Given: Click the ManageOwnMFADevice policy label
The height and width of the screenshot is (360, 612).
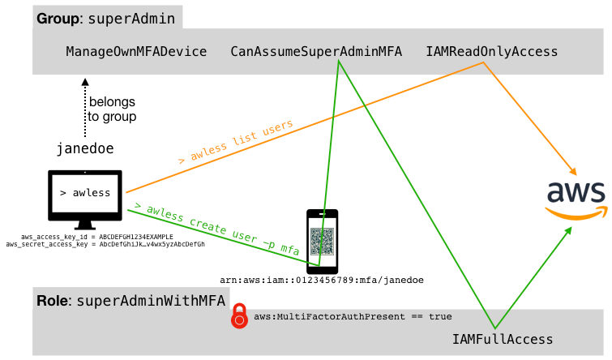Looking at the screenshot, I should coord(136,52).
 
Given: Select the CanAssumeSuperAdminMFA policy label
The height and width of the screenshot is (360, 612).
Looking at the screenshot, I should coord(316,52).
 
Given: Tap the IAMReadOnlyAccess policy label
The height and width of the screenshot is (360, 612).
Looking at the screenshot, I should coord(492,52).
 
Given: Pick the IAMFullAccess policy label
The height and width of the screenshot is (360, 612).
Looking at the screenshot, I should coord(503,340).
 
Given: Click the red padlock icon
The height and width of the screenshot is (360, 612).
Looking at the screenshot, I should coord(239,316).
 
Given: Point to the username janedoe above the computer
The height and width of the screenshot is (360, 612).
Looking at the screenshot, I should coord(85,149).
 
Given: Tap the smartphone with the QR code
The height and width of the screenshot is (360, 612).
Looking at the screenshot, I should coord(322,241).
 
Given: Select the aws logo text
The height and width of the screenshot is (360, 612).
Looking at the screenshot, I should coord(576,192).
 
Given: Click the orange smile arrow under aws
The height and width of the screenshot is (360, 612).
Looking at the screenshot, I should coord(576,213).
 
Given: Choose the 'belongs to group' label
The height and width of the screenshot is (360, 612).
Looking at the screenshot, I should coord(112,109).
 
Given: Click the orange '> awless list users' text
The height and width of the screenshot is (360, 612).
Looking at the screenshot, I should coord(235,143).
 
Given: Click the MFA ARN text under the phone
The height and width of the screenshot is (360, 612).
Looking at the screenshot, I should coord(322,280).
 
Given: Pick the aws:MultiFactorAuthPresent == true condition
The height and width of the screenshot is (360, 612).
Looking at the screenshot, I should coord(353,316).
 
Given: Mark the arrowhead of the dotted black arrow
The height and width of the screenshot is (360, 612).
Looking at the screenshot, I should coord(85,81).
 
